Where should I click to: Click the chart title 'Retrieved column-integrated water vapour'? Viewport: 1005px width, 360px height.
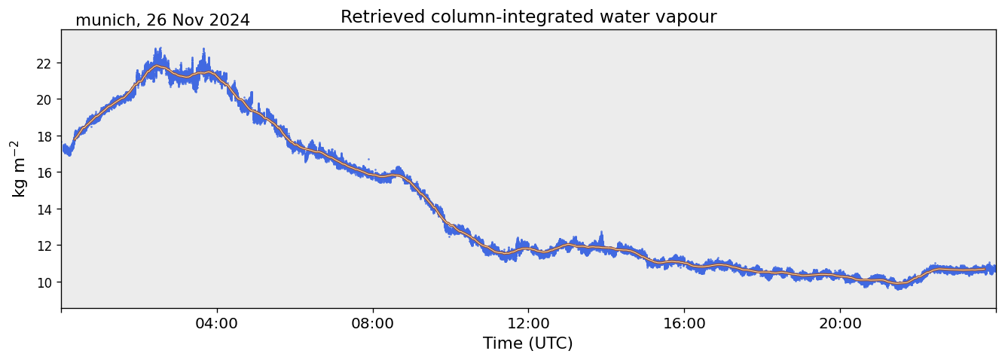tap(528, 17)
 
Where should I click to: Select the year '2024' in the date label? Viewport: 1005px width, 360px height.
tap(229, 20)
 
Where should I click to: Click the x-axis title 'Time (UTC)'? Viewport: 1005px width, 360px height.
tap(528, 343)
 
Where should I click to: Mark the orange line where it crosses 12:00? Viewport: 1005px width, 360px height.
tap(528, 248)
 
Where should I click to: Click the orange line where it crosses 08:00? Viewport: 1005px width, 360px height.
tap(373, 176)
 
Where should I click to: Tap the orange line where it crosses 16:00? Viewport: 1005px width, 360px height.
tap(684, 262)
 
